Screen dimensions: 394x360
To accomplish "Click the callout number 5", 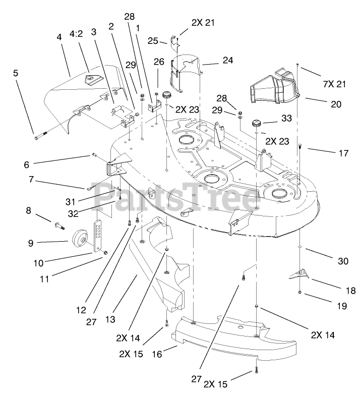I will click(16, 73).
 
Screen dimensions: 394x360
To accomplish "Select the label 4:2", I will click(76, 34).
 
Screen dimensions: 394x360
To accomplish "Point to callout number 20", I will click(336, 104).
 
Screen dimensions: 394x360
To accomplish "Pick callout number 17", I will click(343, 153).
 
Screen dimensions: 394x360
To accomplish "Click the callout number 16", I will click(157, 355).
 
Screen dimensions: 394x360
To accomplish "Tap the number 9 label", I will click(30, 242).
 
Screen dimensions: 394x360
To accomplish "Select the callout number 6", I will click(27, 164).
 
